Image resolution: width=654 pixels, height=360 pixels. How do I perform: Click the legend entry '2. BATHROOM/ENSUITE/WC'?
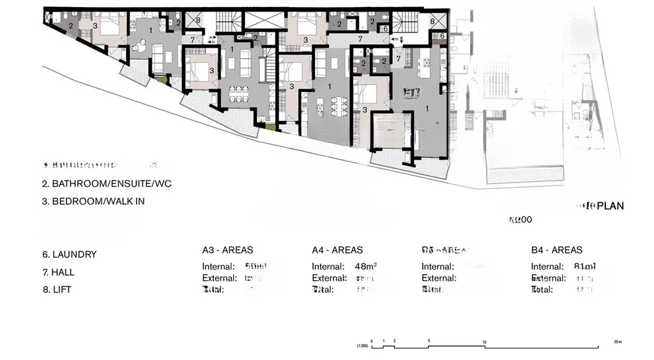tap(107, 184)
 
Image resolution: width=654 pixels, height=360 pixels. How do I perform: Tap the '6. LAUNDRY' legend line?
tap(70, 254)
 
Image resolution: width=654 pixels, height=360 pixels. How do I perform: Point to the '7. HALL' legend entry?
tap(59, 272)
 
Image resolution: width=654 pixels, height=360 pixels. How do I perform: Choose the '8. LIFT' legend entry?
tap(57, 290)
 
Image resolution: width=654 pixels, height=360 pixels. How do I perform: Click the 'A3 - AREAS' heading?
tap(227, 250)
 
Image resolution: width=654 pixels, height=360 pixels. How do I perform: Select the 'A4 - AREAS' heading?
tap(337, 250)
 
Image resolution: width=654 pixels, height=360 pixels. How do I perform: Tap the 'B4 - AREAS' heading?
tap(556, 250)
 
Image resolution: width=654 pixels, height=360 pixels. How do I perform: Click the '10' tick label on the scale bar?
tap(485, 342)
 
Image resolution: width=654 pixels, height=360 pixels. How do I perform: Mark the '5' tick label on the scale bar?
tap(429, 341)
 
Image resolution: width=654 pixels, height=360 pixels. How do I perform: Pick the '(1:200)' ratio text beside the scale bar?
tap(361, 347)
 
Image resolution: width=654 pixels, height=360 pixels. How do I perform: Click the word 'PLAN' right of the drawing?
tap(611, 206)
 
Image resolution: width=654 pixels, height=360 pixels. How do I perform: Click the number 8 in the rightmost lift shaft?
tap(433, 21)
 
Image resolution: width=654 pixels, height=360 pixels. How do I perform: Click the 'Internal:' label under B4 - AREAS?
tap(546, 267)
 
